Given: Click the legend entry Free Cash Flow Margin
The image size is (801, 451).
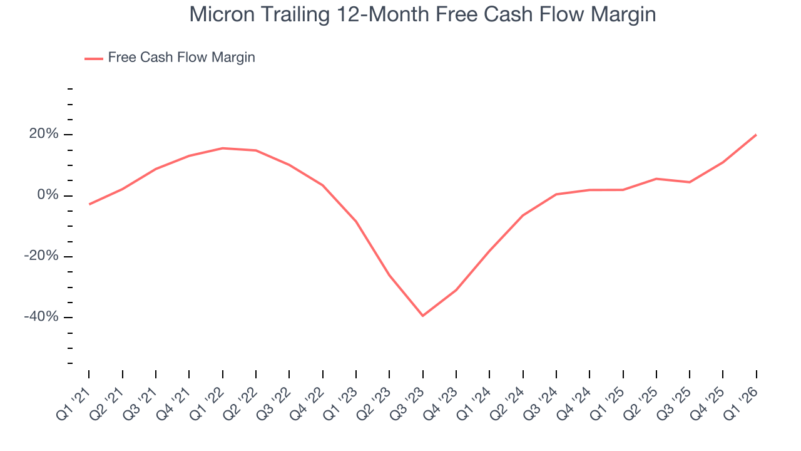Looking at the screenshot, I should (x=181, y=58).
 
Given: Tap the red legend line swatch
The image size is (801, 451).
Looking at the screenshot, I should (x=94, y=58).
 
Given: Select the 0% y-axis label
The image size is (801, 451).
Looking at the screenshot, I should (x=48, y=195).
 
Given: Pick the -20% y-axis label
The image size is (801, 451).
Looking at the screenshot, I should (x=42, y=256).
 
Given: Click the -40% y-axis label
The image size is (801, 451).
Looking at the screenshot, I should (x=42, y=317).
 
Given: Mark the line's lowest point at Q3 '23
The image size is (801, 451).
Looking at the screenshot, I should (x=423, y=316).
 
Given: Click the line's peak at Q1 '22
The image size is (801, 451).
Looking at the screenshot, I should (x=222, y=148).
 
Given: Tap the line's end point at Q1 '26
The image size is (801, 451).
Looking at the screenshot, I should (x=756, y=135).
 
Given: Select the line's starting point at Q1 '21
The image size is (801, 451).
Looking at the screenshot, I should (x=89, y=204).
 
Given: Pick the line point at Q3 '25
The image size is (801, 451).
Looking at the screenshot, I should (x=690, y=182).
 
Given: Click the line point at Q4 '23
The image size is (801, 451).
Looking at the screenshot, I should (x=456, y=290).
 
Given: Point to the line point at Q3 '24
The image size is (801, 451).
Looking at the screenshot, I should (x=556, y=194).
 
